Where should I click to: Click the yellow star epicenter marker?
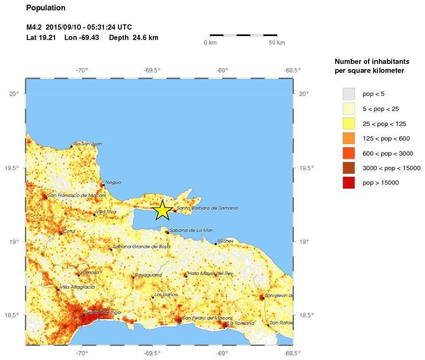pos(162,210)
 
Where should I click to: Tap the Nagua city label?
pos(113,182)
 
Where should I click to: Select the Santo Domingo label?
pos(103,312)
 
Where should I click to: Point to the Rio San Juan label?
pos(88,144)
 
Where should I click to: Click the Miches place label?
pos(225,241)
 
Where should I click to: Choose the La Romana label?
pos(241,323)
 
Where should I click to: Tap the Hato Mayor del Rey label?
pos(210,273)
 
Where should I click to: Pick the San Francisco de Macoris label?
pos(77,195)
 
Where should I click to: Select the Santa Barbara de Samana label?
pos(207,208)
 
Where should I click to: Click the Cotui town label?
pos(69,231)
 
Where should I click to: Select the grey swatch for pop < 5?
pos(349,94)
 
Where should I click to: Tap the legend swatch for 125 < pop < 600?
pos(349,138)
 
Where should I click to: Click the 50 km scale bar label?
pos(276,43)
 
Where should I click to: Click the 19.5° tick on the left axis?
pos(15,168)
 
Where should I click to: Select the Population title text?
pos(46,8)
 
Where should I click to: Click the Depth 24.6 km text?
pos(134,38)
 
